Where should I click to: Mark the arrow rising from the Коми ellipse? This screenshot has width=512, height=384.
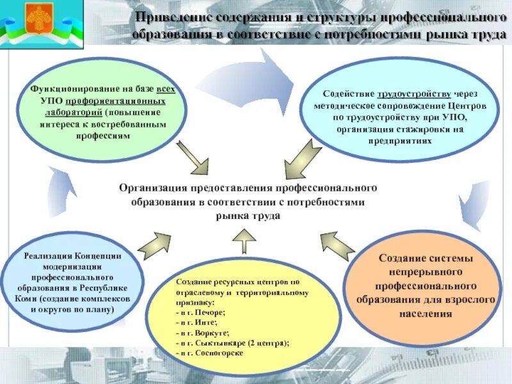pos(154,244)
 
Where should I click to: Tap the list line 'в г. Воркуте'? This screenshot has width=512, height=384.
pos(202,333)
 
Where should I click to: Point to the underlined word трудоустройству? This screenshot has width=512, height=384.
pos(419,93)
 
